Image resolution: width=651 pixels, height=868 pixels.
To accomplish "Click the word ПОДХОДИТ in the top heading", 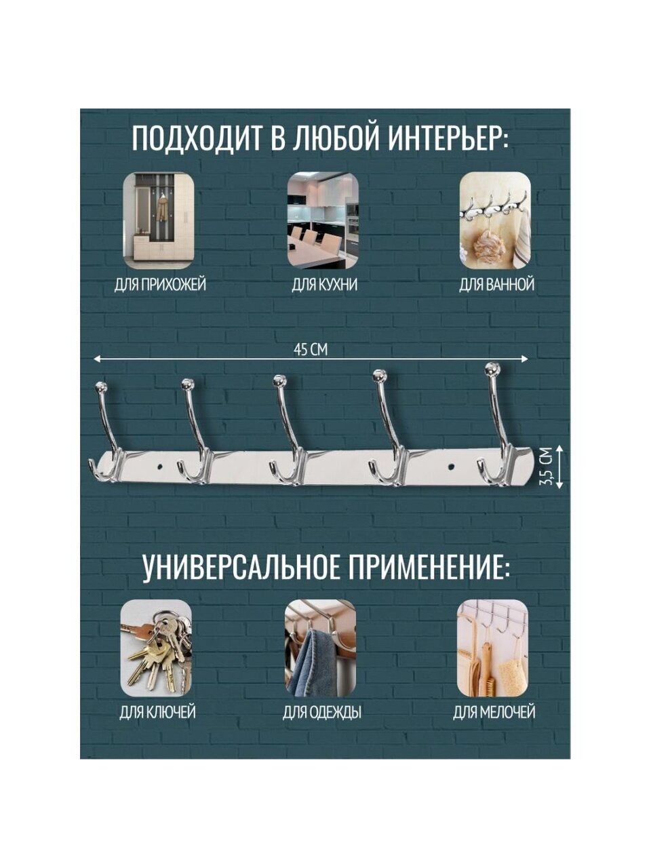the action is coord(197,138).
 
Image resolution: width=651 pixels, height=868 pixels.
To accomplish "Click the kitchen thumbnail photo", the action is coord(323,220).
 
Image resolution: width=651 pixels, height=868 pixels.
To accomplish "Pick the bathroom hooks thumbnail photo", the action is coord(496,220).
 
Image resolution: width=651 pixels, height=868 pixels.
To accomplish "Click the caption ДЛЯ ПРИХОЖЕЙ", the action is coord(160,285).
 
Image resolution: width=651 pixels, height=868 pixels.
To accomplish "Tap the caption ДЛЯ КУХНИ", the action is coord(324,285).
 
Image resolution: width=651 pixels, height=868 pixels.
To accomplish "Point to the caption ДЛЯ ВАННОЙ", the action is coord(496,284).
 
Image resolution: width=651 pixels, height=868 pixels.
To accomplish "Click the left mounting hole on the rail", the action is coord(159,467).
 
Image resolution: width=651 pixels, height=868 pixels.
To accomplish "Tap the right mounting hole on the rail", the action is coord(451,467).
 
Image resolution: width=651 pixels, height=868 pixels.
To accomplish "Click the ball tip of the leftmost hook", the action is coord(102,387).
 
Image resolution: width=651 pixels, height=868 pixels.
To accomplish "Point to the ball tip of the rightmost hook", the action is coord(492,369).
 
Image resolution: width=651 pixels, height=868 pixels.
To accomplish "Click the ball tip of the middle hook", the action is coord(280,381).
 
